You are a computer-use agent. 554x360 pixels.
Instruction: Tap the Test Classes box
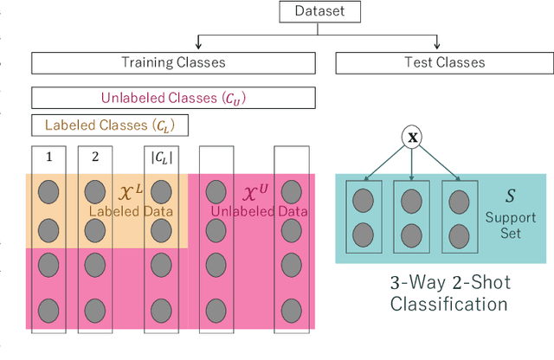pyautogui.click(x=444, y=62)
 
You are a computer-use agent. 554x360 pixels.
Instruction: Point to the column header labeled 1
pyautogui.click(x=48, y=158)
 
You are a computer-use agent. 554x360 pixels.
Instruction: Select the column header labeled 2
pyautogui.click(x=94, y=158)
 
